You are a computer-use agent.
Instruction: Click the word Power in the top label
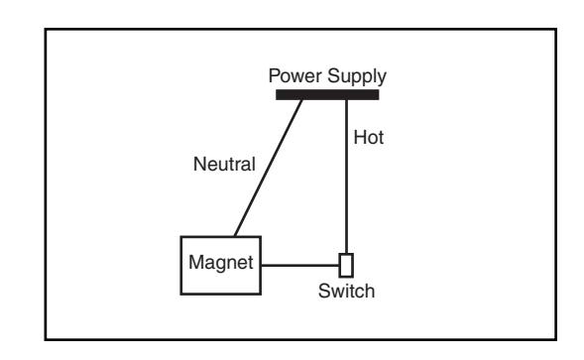[x=295, y=76]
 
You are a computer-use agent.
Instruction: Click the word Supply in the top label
[x=357, y=77]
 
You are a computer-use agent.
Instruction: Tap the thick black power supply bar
[x=327, y=94]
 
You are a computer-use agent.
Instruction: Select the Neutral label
[x=224, y=164]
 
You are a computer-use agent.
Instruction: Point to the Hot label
[x=369, y=138]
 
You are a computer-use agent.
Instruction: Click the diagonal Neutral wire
[x=268, y=168]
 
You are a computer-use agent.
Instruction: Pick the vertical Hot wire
[x=346, y=177]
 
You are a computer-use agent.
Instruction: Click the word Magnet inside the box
[x=221, y=262]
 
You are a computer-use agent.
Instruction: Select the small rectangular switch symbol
[x=346, y=266]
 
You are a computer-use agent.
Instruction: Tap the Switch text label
[x=346, y=291]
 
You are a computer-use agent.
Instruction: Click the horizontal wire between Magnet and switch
[x=299, y=266]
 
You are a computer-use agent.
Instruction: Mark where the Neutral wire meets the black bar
[x=301, y=100]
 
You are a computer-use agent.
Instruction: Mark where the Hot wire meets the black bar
[x=346, y=100]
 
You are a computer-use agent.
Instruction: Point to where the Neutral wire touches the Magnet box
[x=235, y=236]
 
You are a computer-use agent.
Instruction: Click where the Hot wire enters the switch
[x=346, y=254]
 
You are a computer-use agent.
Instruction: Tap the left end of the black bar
[x=276, y=94]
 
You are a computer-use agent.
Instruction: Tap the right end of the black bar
[x=379, y=94]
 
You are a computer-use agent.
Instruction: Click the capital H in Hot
[x=360, y=138]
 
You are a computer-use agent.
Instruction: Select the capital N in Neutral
[x=200, y=164]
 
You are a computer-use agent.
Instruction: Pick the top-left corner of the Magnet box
[x=181, y=237]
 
